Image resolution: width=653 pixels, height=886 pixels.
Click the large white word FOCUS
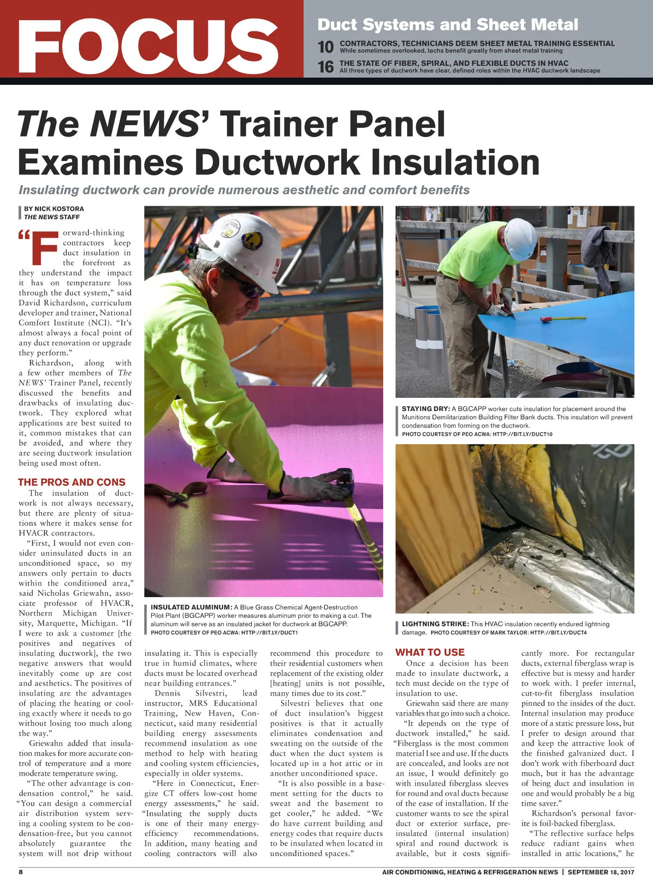tap(148, 46)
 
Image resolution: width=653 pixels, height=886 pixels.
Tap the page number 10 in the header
tap(325, 47)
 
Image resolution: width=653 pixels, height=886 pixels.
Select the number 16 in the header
tap(325, 67)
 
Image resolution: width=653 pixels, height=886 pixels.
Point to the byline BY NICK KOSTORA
tap(54, 208)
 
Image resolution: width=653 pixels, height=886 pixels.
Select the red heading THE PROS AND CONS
tap(72, 482)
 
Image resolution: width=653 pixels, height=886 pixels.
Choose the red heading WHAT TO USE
tap(430, 652)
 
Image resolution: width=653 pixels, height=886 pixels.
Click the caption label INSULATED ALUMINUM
tap(191, 607)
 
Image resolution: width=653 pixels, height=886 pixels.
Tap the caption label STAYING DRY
tap(426, 409)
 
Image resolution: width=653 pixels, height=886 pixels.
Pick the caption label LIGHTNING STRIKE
tap(435, 624)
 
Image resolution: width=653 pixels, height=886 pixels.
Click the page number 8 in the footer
tap(21, 871)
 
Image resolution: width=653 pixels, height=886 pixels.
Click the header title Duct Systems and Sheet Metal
tap(447, 24)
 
